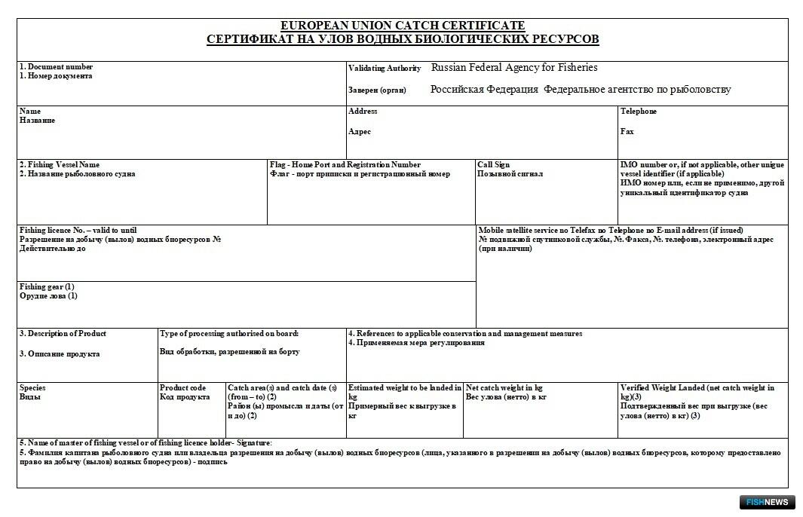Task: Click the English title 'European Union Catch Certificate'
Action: (403, 26)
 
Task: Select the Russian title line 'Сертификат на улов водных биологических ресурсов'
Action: (403, 39)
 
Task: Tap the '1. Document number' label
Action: (57, 67)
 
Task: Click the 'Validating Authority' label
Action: (385, 69)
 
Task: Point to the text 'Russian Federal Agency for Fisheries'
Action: (514, 68)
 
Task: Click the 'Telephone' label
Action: (638, 112)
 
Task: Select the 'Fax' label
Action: (627, 131)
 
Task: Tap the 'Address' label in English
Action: (363, 112)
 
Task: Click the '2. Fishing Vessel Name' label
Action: (60, 164)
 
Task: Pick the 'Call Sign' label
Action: (493, 164)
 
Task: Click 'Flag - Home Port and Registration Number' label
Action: (345, 164)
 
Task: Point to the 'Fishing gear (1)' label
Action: (47, 286)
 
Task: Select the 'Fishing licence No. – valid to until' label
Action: (78, 230)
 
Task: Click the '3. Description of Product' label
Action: (63, 333)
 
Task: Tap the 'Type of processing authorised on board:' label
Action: (229, 333)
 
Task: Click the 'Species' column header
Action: (32, 387)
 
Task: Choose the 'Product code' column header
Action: (182, 387)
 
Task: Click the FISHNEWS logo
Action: (766, 502)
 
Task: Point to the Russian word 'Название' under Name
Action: (37, 121)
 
